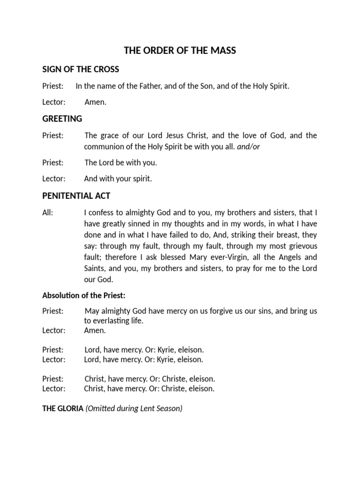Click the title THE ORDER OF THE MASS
tap(180, 51)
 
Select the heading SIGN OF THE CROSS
tap(81, 69)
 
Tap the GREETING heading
tap(62, 119)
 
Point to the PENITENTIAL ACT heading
tap(76, 195)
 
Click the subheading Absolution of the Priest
tap(84, 295)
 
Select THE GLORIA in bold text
tap(63, 408)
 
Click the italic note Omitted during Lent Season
tap(134, 408)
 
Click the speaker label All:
tap(48, 213)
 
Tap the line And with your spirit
tap(118, 179)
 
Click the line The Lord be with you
tap(120, 163)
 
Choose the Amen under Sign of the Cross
tap(95, 102)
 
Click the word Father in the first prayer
tap(139, 86)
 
